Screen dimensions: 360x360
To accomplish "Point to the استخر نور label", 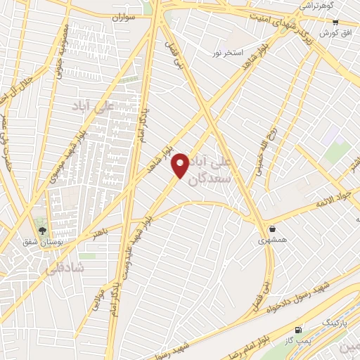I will [229, 53].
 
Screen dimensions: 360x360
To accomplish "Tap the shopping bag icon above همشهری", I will [272, 229].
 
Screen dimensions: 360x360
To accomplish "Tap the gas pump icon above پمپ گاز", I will [300, 329].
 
